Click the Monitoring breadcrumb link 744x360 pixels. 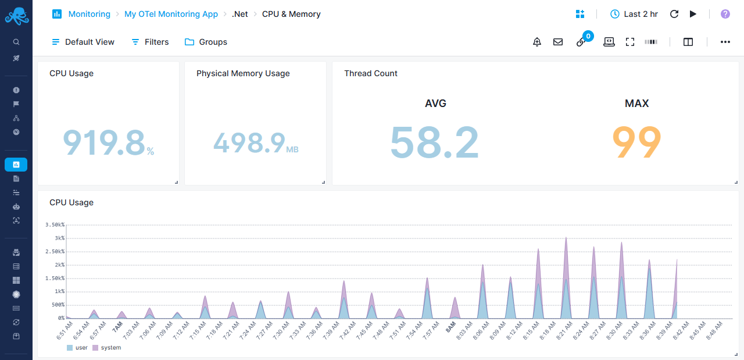[89, 14]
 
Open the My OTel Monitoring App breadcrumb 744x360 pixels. [171, 14]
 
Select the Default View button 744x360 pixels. [83, 42]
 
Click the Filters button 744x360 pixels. [150, 42]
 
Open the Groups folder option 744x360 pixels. [206, 42]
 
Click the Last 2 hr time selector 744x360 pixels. [634, 14]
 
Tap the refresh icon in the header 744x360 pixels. [674, 14]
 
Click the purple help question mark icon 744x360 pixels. [725, 14]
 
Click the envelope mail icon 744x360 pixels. [558, 42]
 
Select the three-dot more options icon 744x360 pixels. [725, 42]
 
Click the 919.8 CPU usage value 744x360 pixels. [104, 142]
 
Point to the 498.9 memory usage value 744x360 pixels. [249, 142]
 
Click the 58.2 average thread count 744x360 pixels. [434, 142]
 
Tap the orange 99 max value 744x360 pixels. [636, 142]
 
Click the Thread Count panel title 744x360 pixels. [371, 73]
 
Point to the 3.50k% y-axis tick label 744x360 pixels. [55, 224]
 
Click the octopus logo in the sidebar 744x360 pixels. [16, 16]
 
